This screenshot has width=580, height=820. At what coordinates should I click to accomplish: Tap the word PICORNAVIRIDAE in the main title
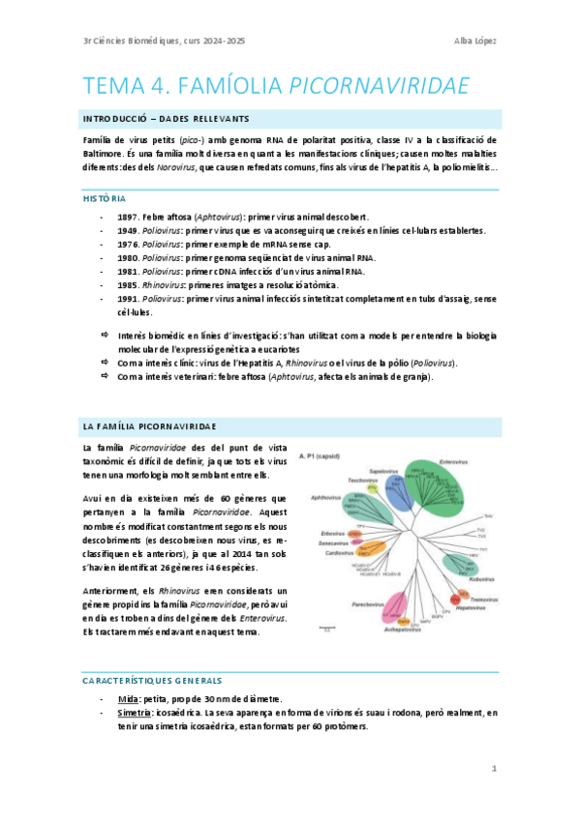(x=381, y=86)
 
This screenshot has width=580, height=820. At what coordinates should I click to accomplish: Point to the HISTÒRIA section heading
(x=105, y=198)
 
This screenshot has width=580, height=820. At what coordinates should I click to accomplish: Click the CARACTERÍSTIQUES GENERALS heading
(x=152, y=680)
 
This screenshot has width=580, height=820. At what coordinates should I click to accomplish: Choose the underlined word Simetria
(x=134, y=712)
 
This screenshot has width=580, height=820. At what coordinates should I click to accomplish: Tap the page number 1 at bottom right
(x=494, y=769)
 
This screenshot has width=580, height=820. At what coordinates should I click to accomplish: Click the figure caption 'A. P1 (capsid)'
(x=320, y=454)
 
